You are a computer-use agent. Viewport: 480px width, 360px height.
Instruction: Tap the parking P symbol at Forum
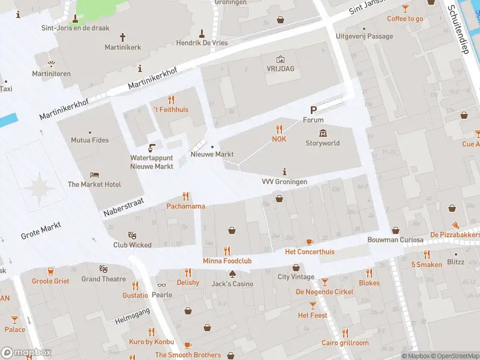[313, 110]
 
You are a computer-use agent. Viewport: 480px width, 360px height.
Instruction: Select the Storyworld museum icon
[323, 133]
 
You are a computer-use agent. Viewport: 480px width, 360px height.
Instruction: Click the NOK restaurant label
[279, 139]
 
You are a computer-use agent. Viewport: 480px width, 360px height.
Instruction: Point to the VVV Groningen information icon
[284, 172]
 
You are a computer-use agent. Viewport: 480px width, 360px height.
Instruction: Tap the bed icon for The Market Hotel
[94, 175]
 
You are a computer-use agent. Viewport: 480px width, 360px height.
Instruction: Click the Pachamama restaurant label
[185, 206]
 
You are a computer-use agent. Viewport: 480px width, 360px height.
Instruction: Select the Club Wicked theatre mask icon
[133, 235]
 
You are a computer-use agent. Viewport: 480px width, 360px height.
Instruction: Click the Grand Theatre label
[104, 279]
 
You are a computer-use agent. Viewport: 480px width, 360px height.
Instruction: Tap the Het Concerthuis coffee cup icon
[310, 242]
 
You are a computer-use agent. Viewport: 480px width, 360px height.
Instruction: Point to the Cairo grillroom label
[345, 343]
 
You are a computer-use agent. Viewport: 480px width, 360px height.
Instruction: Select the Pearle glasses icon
[161, 286]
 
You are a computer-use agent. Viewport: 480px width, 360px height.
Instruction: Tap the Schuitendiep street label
[458, 30]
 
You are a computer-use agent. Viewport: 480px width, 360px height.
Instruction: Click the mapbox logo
[26, 352]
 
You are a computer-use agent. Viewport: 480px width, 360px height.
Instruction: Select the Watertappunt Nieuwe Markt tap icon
[152, 148]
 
